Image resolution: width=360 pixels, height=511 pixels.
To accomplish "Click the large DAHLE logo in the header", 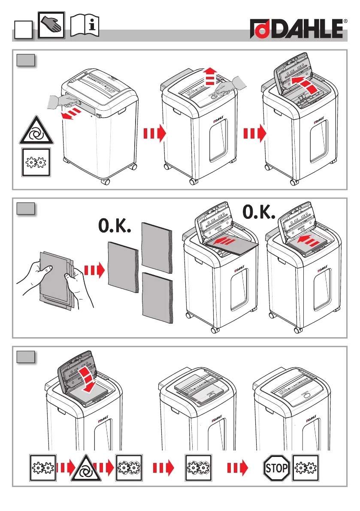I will (299, 30).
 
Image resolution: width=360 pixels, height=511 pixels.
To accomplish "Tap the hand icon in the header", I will (51, 25).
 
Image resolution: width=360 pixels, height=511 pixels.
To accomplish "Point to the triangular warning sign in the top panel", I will (36, 132).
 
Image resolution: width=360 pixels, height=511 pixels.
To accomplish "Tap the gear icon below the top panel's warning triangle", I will (36, 162).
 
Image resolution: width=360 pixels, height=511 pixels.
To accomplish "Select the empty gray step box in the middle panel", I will (26, 209).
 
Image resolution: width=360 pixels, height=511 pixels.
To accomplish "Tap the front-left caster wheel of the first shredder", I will (105, 181).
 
